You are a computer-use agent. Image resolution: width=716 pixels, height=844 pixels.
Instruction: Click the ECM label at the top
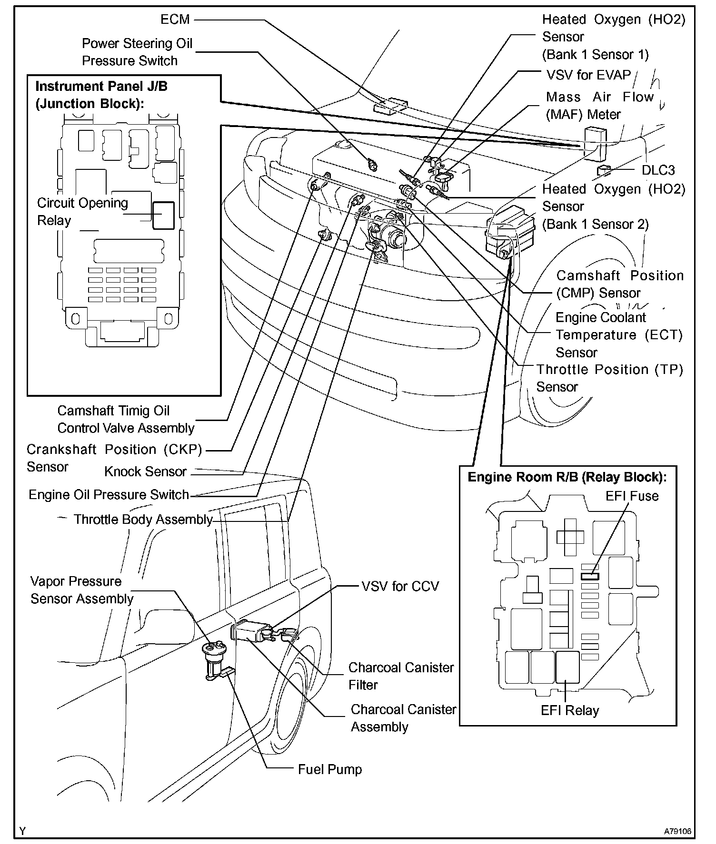(x=175, y=20)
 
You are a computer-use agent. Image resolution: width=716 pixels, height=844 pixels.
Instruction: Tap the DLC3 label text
(x=658, y=170)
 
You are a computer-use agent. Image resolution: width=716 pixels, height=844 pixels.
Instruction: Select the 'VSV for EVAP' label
(x=588, y=75)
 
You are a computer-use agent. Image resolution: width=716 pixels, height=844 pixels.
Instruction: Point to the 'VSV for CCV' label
(x=400, y=586)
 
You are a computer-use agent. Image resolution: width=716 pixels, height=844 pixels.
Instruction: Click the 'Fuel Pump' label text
(x=329, y=769)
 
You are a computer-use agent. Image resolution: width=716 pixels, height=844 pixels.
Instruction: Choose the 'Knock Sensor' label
(x=145, y=471)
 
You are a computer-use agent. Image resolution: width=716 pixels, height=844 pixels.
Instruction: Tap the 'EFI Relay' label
(x=570, y=710)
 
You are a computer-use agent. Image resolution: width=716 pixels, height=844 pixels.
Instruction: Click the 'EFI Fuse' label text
(x=632, y=496)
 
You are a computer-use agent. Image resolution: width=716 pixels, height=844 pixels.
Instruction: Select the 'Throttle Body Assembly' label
(x=143, y=519)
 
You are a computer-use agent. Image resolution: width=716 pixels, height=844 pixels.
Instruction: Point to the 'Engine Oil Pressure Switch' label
(x=109, y=495)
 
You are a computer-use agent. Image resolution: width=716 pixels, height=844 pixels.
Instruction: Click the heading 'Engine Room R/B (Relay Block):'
(x=567, y=477)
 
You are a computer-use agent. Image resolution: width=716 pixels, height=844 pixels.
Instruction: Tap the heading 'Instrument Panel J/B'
(x=101, y=87)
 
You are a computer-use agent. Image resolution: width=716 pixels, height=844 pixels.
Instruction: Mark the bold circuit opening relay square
(x=163, y=216)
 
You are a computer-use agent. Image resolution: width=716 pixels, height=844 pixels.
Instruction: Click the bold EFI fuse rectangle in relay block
(x=590, y=576)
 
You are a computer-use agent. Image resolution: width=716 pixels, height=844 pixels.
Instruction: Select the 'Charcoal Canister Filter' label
(x=401, y=676)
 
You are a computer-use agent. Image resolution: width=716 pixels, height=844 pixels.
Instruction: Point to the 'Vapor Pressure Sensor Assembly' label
(x=81, y=590)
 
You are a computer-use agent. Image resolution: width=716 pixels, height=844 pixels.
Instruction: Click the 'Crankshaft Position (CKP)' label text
(x=114, y=450)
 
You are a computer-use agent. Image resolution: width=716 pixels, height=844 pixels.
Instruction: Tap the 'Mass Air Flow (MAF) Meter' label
(x=600, y=106)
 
